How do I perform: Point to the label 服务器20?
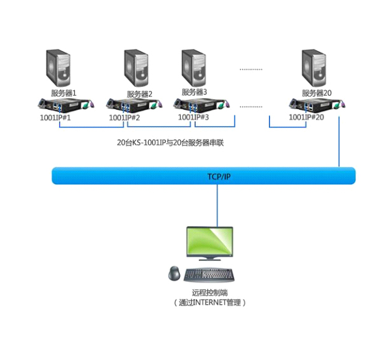click(317, 93)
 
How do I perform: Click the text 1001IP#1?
click(55, 118)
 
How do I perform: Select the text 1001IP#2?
click(125, 118)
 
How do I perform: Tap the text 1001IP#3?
click(193, 117)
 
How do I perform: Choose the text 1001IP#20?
click(306, 117)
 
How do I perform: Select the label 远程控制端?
click(209, 293)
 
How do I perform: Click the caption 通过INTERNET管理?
click(209, 303)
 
